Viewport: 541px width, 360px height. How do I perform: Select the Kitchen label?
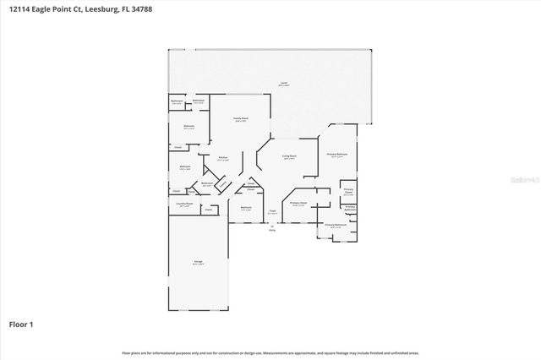[223, 158]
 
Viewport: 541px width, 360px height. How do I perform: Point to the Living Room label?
[289, 157]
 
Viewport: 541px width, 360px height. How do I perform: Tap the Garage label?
[197, 264]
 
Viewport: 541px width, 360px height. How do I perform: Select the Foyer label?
[272, 211]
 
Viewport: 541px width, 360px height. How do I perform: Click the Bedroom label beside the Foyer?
[246, 209]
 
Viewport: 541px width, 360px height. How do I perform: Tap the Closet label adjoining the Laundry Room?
[208, 210]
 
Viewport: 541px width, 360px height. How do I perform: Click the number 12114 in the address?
[20, 11]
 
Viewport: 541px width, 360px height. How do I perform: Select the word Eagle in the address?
[48, 11]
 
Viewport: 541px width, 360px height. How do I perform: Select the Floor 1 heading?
[21, 324]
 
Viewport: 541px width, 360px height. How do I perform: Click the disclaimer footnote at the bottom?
[270, 352]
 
